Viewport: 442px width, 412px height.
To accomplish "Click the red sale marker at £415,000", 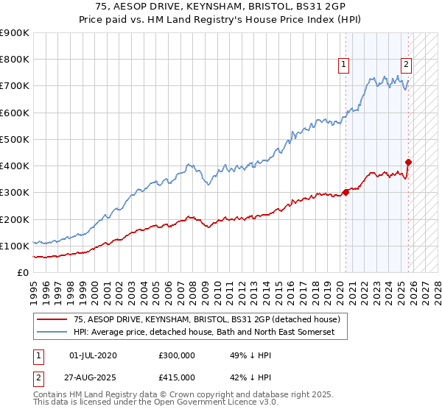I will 408,162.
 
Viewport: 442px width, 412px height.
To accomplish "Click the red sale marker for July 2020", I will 345,193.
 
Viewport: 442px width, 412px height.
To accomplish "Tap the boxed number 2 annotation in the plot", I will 407,65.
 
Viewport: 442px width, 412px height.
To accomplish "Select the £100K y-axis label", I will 14,246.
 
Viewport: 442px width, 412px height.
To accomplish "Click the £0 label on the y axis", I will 23,273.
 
